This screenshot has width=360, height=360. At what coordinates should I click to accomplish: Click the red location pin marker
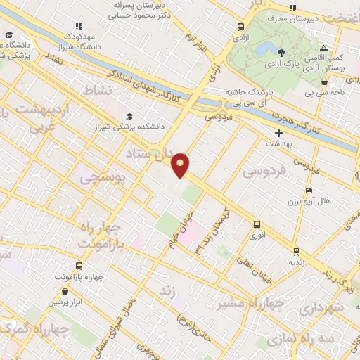pyautogui.click(x=181, y=164)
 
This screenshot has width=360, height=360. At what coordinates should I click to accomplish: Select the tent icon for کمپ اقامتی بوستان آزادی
pyautogui.click(x=323, y=47)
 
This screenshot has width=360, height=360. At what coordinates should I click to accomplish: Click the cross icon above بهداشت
pyautogui.click(x=278, y=132)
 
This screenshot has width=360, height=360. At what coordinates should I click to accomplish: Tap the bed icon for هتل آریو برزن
pyautogui.click(x=309, y=191)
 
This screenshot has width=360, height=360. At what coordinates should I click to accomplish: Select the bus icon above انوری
pyautogui.click(x=257, y=225)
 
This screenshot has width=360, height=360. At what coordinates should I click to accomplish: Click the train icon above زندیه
pyautogui.click(x=296, y=250)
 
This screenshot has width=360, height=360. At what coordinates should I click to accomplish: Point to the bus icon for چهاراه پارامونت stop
pyautogui.click(x=78, y=266)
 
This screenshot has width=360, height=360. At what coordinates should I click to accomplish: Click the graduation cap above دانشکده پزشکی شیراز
pyautogui.click(x=129, y=117)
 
